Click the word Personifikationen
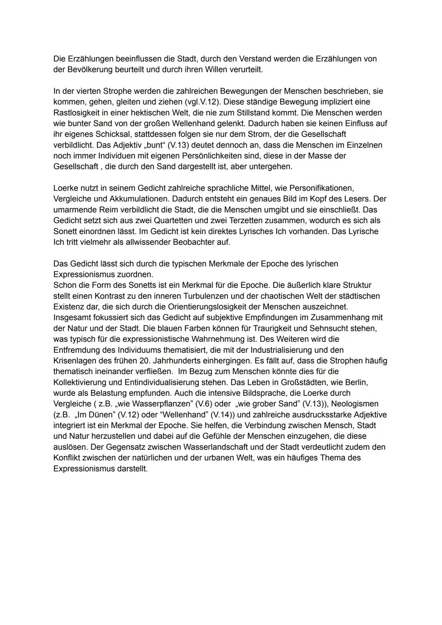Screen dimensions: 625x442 321,188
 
